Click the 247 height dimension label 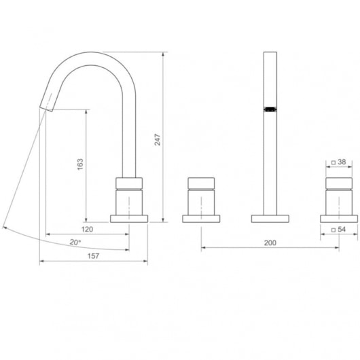click(x=158, y=140)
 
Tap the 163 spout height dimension click(x=80, y=164)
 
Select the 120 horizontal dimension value click(x=88, y=229)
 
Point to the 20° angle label click(x=75, y=242)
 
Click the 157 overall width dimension click(x=94, y=256)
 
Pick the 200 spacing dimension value click(x=270, y=242)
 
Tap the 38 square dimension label click(x=342, y=162)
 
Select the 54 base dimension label click(x=342, y=230)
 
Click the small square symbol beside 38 click(x=334, y=162)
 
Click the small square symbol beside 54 click(x=334, y=230)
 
